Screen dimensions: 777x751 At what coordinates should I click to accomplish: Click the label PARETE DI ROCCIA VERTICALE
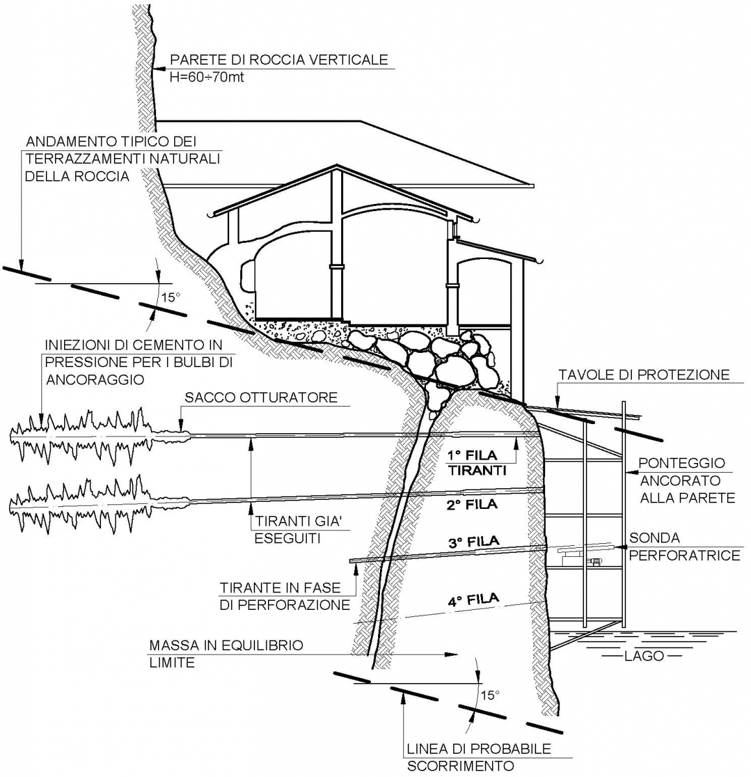pyautogui.click(x=278, y=60)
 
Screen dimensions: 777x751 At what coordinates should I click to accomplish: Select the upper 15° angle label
pyautogui.click(x=170, y=298)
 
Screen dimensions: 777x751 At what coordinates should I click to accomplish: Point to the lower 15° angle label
pyautogui.click(x=490, y=695)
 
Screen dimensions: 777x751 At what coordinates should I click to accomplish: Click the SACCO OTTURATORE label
pyautogui.click(x=261, y=398)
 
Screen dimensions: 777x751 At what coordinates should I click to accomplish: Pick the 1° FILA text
pyautogui.click(x=472, y=456)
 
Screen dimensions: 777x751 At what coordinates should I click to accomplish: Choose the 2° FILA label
pyautogui.click(x=471, y=504)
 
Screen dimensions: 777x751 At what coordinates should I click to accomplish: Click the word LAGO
pyautogui.click(x=644, y=656)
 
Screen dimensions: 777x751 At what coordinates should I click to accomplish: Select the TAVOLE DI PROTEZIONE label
pyautogui.click(x=644, y=375)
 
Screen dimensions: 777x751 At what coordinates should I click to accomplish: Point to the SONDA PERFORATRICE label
pyautogui.click(x=684, y=546)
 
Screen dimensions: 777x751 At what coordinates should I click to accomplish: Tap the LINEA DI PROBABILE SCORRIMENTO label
pyautogui.click(x=478, y=758)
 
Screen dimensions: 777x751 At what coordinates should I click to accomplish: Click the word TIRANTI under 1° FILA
pyautogui.click(x=476, y=471)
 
